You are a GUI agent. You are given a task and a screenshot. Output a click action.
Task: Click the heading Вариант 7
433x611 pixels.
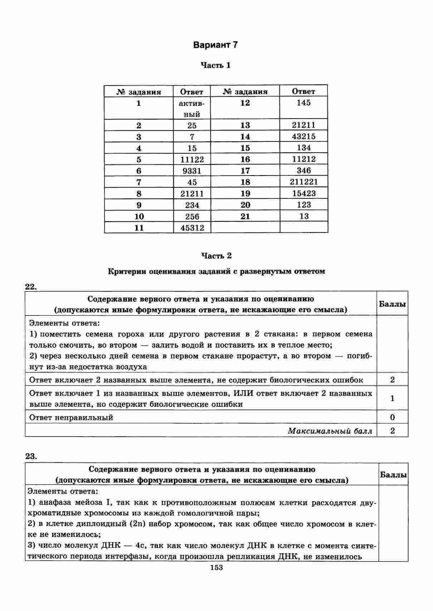click(215, 45)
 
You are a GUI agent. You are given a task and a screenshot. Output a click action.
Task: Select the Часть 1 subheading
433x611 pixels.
click(215, 66)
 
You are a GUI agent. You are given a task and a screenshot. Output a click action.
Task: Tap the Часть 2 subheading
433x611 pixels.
click(216, 256)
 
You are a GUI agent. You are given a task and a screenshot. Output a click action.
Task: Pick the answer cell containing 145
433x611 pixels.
click(303, 103)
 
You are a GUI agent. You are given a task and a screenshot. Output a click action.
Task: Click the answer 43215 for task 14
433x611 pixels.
click(303, 136)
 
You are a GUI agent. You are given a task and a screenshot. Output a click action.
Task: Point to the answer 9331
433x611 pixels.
click(192, 171)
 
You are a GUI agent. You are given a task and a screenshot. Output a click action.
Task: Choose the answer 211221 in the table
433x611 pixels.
click(303, 182)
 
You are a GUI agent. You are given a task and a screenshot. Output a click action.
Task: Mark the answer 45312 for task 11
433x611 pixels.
click(192, 228)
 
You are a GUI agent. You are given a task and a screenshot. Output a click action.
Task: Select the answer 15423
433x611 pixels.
click(303, 193)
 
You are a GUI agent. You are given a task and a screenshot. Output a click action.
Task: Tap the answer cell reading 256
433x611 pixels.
click(192, 216)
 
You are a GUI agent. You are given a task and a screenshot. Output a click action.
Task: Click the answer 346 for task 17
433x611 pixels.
click(303, 170)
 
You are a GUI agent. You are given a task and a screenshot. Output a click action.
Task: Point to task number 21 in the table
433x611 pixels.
click(245, 216)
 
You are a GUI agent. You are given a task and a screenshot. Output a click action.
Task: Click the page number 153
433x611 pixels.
click(216, 567)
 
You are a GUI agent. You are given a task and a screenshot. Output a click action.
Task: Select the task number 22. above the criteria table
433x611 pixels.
click(31, 286)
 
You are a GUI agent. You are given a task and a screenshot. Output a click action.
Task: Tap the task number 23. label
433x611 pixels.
click(31, 456)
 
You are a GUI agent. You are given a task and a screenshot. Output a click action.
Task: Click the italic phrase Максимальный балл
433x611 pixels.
click(330, 431)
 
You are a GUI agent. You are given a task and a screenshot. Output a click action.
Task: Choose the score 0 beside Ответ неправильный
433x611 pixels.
click(392, 417)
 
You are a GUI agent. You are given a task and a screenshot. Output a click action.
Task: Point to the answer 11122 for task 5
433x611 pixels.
click(192, 159)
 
